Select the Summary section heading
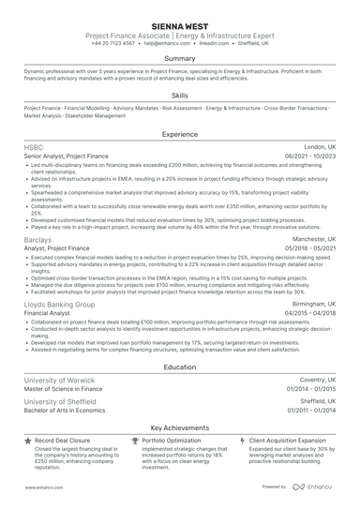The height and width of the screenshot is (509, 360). pos(179,58)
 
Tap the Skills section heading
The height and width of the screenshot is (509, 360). pos(179,96)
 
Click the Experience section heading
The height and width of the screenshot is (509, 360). pos(179,135)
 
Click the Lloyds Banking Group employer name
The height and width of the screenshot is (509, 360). pos(59,305)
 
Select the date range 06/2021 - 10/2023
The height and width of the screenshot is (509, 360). pos(309,157)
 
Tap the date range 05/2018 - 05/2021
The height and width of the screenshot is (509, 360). pos(309,248)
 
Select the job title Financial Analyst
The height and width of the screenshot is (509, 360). pos(51,314)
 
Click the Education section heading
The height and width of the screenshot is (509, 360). pos(179,367)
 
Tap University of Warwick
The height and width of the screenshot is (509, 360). pos(61,382)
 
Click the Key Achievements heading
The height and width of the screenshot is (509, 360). pos(179,427)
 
